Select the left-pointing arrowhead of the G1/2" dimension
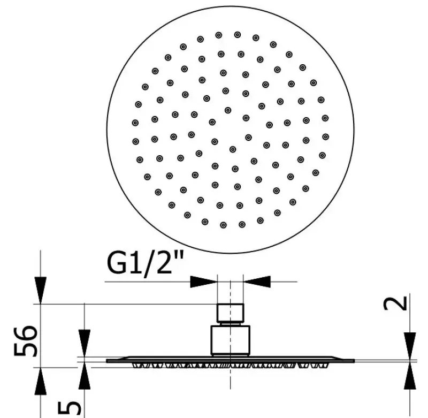257,280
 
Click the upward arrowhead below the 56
41,381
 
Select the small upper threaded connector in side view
230,314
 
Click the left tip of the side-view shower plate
108,361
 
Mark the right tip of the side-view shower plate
353,361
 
